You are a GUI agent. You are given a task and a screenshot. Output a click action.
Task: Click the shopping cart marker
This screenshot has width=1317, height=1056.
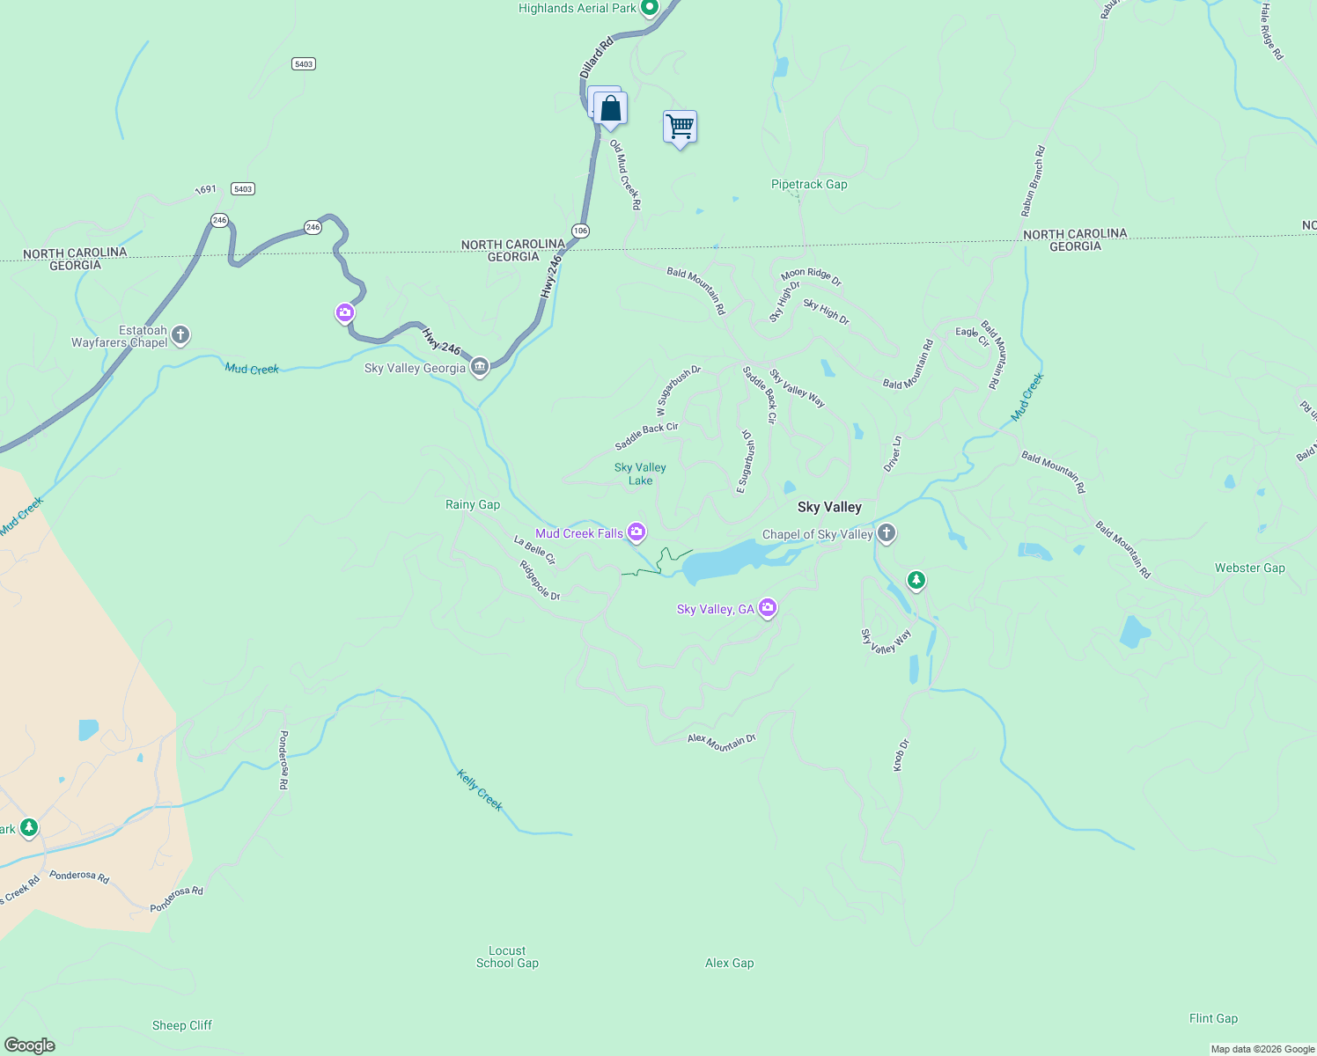coord(680,128)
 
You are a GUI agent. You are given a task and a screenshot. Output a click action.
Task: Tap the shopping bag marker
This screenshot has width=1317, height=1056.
coord(610,109)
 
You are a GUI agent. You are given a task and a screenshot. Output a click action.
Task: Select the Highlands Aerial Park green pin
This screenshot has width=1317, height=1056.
coord(650,8)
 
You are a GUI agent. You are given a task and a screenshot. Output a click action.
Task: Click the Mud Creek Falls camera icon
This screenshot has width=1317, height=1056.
coord(636,532)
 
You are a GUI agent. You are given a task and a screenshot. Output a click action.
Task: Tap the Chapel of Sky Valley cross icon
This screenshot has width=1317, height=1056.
coord(887,533)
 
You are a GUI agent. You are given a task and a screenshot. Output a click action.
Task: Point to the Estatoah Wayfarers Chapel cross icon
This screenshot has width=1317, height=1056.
coord(180,335)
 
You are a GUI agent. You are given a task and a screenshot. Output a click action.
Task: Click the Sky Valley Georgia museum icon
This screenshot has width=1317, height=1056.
coord(480,368)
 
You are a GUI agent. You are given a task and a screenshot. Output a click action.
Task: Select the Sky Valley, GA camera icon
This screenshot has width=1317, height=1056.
coord(768,608)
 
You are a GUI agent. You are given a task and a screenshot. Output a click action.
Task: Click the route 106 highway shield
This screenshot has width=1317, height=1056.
coord(579,231)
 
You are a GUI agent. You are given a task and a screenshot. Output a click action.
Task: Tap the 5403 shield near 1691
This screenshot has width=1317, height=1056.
coord(243,189)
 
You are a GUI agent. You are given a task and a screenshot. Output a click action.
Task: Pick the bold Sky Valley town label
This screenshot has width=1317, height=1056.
coord(829,507)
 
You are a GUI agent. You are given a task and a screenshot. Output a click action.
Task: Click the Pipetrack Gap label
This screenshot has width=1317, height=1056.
coord(809,185)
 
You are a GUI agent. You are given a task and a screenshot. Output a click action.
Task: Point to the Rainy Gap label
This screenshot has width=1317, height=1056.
coord(473,504)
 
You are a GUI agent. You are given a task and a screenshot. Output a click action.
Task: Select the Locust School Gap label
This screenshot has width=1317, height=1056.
coord(507,957)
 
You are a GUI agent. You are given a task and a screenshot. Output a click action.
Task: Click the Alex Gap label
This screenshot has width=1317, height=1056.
coord(729,963)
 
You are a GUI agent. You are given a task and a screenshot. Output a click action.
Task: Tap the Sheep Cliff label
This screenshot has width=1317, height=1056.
coord(182,1025)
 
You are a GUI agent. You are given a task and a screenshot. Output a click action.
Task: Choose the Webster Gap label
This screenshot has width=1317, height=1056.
coord(1249,568)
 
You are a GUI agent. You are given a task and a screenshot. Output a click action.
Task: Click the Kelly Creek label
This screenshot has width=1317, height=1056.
coord(480,789)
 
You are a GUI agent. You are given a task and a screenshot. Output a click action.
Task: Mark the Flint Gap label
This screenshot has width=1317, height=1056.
coord(1213,1018)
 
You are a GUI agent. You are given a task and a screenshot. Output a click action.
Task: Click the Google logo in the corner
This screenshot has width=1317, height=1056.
coord(30,1045)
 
